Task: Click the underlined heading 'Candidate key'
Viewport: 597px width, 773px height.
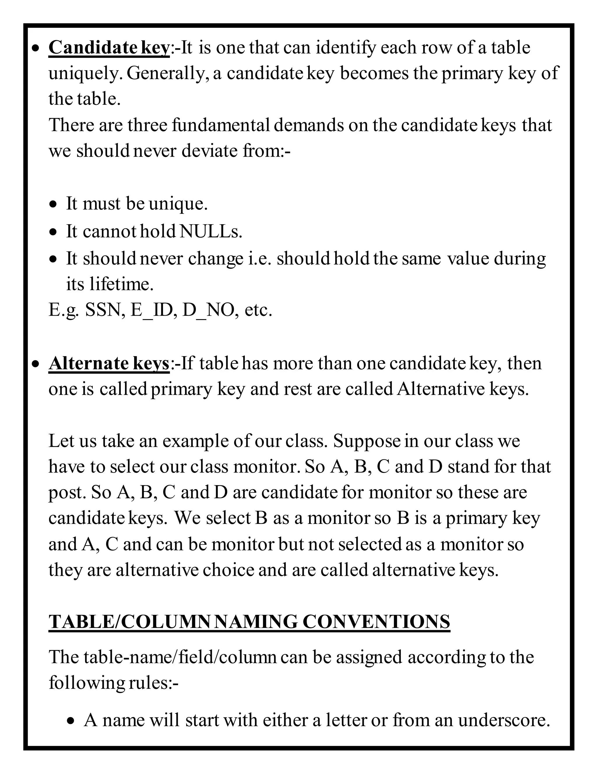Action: tap(109, 48)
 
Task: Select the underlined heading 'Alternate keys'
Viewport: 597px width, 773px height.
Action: tap(109, 363)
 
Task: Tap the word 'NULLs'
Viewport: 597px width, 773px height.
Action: tap(210, 232)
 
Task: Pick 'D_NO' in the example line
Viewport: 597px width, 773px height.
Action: tap(208, 310)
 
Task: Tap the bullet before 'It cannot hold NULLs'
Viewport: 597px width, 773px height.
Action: tap(53, 232)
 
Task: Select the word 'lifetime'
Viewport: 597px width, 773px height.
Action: tap(121, 284)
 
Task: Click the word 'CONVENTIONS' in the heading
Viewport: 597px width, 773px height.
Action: tap(376, 622)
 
